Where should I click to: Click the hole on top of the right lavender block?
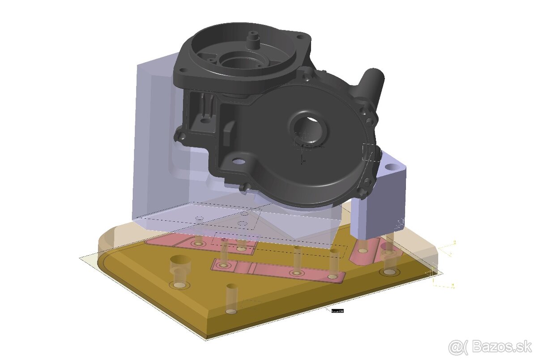click(392, 167)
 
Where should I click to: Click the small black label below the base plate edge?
click(337, 310)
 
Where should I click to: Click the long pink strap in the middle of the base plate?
click(277, 270)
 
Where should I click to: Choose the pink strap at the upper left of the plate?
click(201, 243)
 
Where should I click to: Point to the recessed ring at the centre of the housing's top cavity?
click(242, 60)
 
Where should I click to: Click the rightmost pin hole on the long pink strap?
click(332, 277)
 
